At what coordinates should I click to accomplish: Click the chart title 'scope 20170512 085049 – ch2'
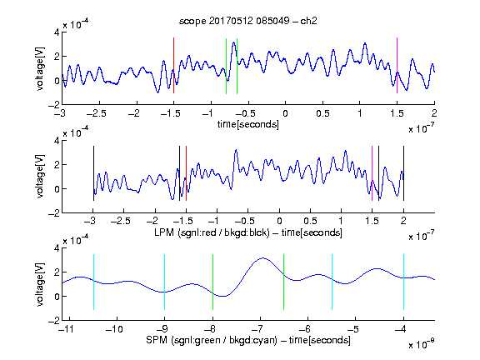point(248,21)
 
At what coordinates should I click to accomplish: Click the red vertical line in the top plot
point(173,66)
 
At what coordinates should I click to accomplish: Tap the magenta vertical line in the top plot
point(397,66)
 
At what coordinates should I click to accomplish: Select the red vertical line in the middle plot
point(186,173)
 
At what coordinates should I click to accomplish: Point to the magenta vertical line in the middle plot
point(372,173)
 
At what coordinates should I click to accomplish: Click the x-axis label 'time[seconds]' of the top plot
point(248,124)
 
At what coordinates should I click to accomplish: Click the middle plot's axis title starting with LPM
point(248,232)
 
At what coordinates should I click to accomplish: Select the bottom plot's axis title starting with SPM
point(248,340)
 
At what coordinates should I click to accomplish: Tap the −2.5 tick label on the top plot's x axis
point(97,113)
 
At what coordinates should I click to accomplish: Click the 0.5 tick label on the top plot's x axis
point(322,113)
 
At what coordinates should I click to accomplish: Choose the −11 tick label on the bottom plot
point(66,329)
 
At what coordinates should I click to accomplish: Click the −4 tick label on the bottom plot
point(401,329)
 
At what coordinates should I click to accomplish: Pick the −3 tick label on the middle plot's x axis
point(92,221)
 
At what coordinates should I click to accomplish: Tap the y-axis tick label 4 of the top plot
point(57,32)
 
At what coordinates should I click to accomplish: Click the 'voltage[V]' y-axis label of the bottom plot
point(40,284)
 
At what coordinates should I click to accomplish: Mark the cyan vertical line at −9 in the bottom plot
point(164,282)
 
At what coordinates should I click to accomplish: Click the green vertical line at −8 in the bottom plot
point(212,282)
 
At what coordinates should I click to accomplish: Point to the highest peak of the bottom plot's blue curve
point(262,258)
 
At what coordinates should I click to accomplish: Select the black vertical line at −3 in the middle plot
point(93,173)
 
